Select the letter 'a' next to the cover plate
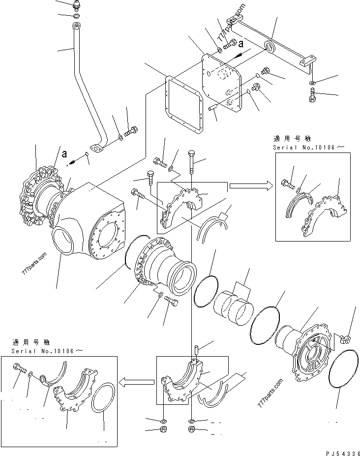tap(241, 43)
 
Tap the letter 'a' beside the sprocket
tap(64, 153)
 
